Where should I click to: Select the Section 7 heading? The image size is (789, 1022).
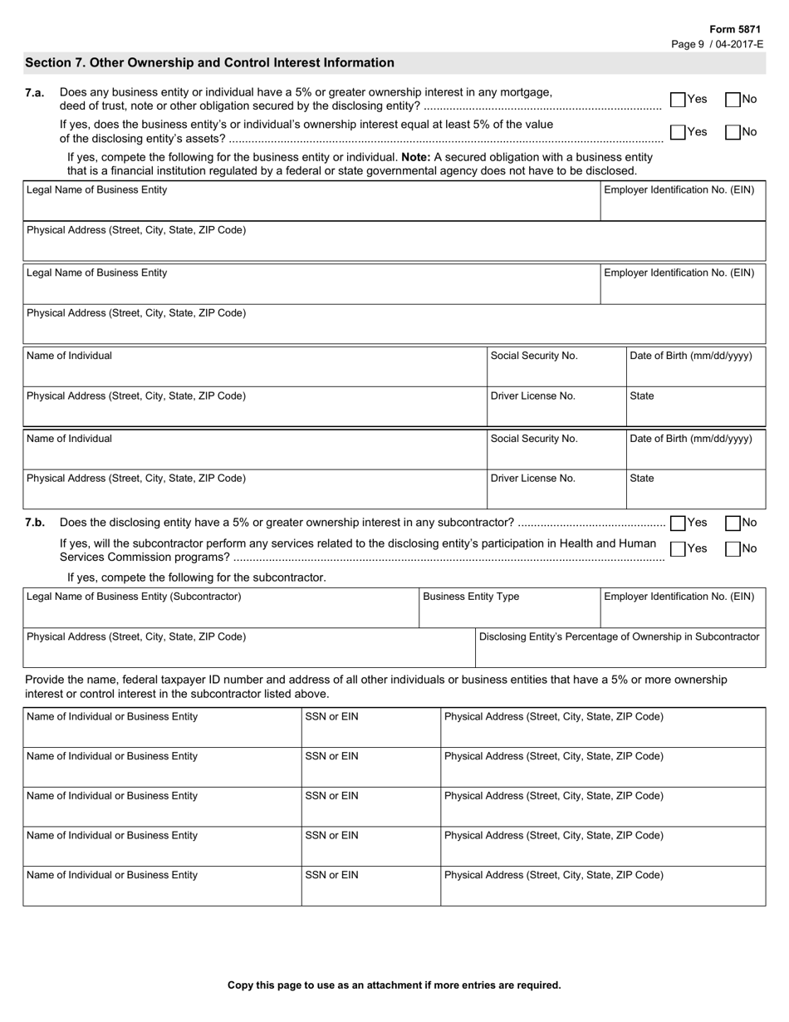pos(209,63)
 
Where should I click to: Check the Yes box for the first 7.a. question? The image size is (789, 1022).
pos(678,100)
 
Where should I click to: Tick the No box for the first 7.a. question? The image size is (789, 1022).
pos(733,100)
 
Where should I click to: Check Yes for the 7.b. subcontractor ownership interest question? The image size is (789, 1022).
pos(678,523)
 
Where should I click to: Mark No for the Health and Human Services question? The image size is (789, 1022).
pos(733,549)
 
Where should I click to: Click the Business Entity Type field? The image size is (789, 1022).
pos(508,609)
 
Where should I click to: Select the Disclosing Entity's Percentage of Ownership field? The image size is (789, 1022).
pos(620,649)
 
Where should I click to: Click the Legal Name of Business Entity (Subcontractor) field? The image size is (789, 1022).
pos(220,609)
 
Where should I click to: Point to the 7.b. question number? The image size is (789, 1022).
pos(35,523)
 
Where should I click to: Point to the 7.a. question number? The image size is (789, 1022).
pos(35,93)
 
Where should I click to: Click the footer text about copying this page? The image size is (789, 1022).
pos(394,985)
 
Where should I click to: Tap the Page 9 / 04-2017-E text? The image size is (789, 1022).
pos(717,44)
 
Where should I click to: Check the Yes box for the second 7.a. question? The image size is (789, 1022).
pos(678,132)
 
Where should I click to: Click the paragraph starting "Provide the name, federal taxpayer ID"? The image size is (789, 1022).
pos(375,686)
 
